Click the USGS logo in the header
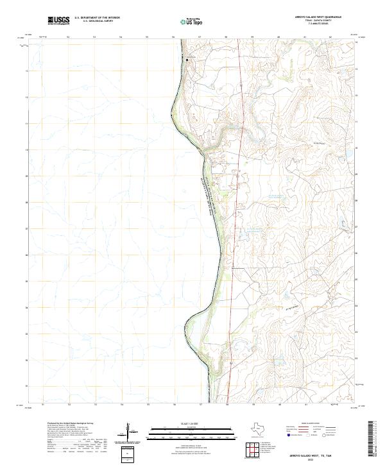coord(58,21)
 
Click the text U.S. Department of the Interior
coord(97,18)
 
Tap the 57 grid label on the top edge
coord(200,37)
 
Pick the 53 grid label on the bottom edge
coord(95,405)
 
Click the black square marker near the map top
coord(187,60)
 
